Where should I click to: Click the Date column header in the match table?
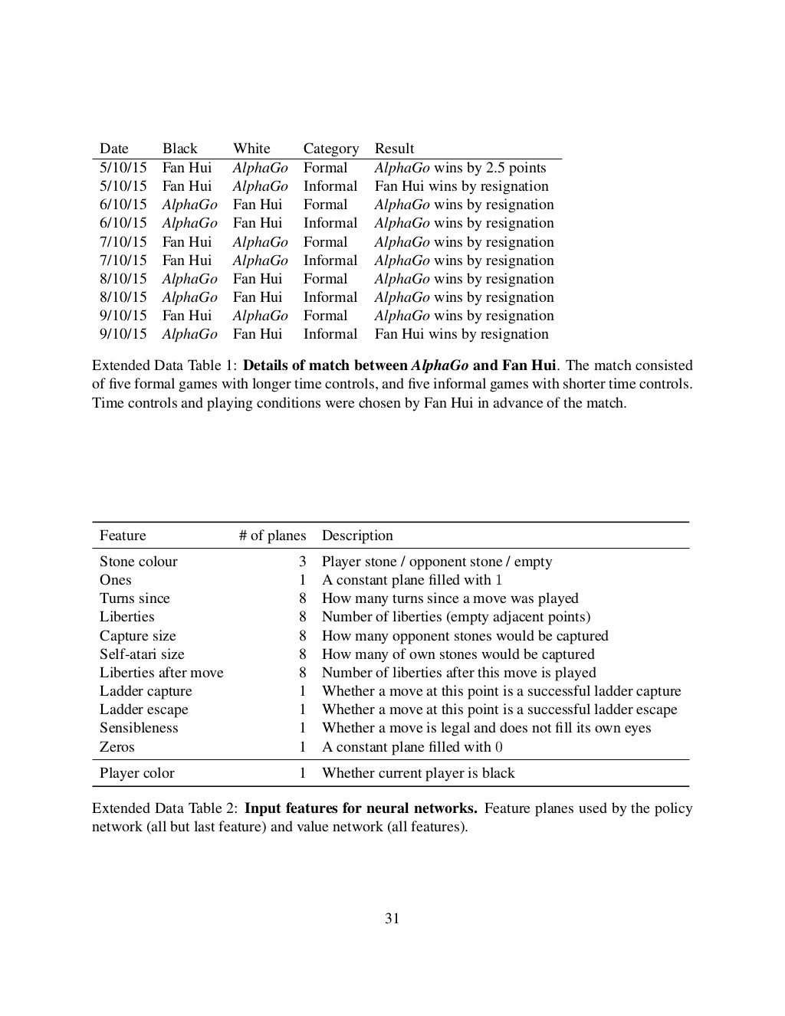pyautogui.click(x=113, y=149)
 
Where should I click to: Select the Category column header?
pyautogui.click(x=330, y=149)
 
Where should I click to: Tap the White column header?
pyautogui.click(x=251, y=149)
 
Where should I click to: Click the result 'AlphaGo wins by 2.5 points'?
pyautogui.click(x=460, y=168)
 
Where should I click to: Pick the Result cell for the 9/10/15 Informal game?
pyautogui.click(x=461, y=334)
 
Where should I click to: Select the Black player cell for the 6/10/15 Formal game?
pyautogui.click(x=189, y=205)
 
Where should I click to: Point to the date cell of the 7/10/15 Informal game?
pyautogui.click(x=123, y=261)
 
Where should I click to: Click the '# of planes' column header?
pyautogui.click(x=272, y=536)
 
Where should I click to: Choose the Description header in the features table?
pyautogui.click(x=357, y=536)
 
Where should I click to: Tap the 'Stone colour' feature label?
pyautogui.click(x=138, y=562)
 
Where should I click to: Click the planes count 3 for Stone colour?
pyautogui.click(x=302, y=562)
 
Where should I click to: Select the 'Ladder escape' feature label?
pyautogui.click(x=143, y=710)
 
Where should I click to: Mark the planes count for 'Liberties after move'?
pyautogui.click(x=302, y=673)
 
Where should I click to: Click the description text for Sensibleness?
pyautogui.click(x=486, y=728)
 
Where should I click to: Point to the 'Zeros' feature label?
pyautogui.click(x=117, y=747)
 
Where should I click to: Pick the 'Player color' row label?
pyautogui.click(x=136, y=773)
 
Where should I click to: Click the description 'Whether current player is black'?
pyautogui.click(x=418, y=773)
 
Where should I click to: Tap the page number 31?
pyautogui.click(x=392, y=919)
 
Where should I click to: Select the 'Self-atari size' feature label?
pyautogui.click(x=142, y=654)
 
